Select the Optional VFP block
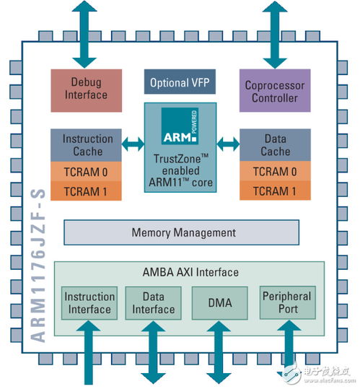(180, 83)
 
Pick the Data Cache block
(274, 144)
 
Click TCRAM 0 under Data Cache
(274, 171)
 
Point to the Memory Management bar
(183, 232)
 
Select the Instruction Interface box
(89, 302)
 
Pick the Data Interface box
(153, 302)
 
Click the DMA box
(219, 302)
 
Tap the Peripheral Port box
(286, 302)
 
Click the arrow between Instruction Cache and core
(131, 145)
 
